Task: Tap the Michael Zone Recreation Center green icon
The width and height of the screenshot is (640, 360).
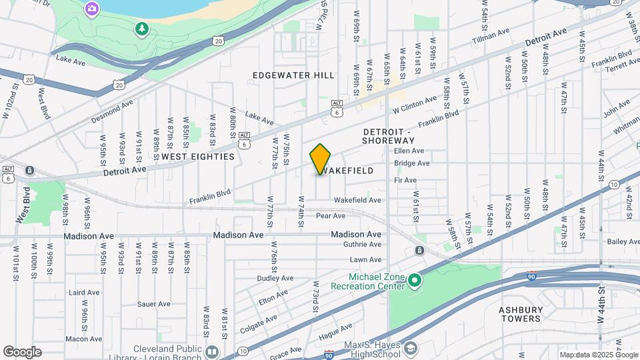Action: (x=415, y=281)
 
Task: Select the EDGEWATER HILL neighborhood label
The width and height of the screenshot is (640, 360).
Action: (x=293, y=75)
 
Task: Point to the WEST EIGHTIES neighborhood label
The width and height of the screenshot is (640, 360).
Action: (x=198, y=157)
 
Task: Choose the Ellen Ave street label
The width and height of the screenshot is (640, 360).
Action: (x=409, y=151)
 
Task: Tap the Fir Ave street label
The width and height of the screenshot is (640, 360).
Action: (x=405, y=181)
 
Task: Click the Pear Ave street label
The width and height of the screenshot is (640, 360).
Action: (x=330, y=216)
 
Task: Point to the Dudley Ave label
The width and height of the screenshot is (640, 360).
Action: (x=275, y=278)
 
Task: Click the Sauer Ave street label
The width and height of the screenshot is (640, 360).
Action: (x=153, y=304)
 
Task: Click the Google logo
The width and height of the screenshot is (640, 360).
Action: (x=22, y=352)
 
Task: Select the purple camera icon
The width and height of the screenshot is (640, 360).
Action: (x=92, y=9)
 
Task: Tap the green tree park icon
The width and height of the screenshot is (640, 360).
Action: (x=141, y=28)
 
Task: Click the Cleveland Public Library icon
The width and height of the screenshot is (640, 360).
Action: (x=212, y=351)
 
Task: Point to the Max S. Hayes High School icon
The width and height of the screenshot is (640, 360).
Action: (x=411, y=348)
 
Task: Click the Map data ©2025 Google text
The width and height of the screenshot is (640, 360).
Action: (x=599, y=355)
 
